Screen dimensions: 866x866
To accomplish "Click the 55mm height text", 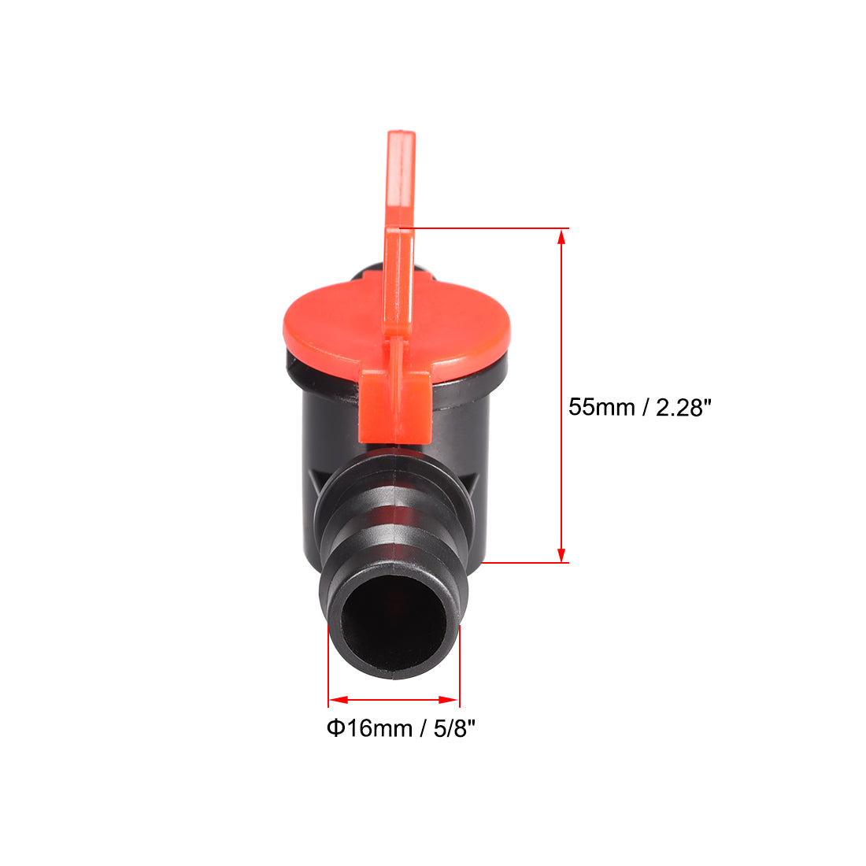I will pos(601,407).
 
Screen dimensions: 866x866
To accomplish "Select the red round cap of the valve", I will pos(331,323).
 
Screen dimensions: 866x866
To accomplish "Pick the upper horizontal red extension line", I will pos(480,229).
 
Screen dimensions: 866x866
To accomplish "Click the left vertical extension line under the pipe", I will pos(328,669).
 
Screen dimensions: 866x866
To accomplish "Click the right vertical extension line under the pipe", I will pos(459,669).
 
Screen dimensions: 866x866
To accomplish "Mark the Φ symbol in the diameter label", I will pos(335,728).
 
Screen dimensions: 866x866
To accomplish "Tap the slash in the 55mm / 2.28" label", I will pos(646,407).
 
